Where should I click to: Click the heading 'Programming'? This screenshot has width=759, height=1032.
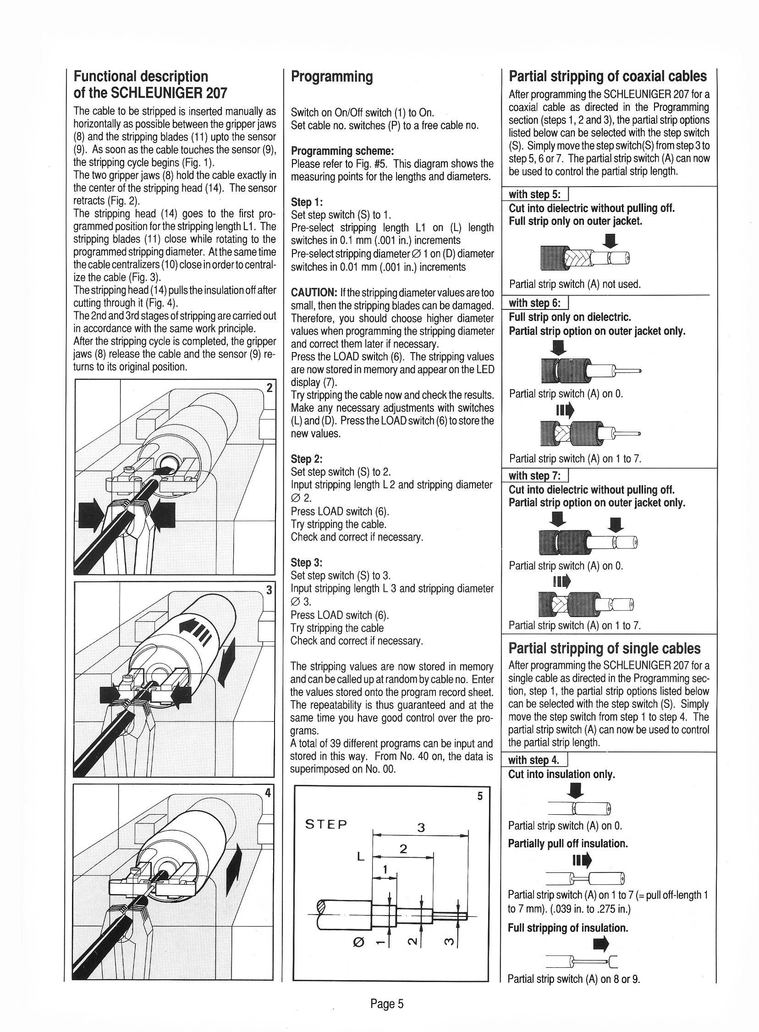coord(332,77)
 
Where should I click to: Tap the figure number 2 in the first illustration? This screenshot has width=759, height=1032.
coord(269,387)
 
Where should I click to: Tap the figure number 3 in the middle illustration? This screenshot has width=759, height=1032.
coord(269,589)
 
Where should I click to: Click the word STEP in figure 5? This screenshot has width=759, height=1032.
coord(326,823)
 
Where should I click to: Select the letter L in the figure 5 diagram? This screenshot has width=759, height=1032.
coord(360,856)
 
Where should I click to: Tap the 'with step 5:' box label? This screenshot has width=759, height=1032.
coord(535,195)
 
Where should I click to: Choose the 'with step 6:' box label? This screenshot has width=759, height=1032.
coord(535,303)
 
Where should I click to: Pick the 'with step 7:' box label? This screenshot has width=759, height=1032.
coord(535,475)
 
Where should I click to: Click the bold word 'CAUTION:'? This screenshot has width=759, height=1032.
coord(315,292)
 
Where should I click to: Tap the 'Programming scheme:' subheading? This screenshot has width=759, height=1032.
coord(343,151)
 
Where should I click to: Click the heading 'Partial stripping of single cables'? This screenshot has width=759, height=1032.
coord(604,648)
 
